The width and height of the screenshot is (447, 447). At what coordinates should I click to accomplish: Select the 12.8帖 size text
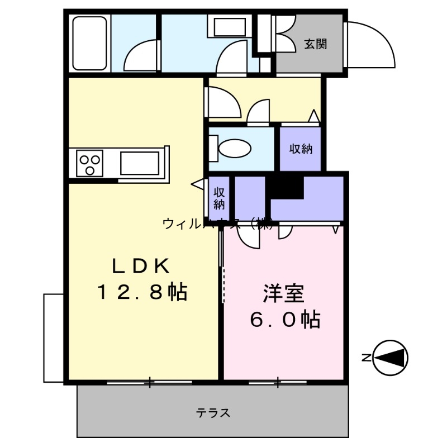click(142, 292)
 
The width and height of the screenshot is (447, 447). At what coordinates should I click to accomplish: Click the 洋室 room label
click(283, 294)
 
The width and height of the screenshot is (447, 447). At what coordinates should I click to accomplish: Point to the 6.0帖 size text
click(284, 320)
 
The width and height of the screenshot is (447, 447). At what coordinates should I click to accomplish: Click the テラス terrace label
click(213, 413)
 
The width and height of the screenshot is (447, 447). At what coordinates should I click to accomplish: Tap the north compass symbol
click(391, 357)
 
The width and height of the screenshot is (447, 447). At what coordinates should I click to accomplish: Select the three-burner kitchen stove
click(89, 164)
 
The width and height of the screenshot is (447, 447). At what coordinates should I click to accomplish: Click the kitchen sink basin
click(140, 163)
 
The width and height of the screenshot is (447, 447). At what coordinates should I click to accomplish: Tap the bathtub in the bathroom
click(90, 42)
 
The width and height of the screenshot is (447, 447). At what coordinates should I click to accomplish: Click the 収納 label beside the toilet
click(301, 149)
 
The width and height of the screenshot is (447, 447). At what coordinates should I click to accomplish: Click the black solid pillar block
click(286, 187)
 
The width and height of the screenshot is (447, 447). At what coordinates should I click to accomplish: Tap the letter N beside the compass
click(365, 358)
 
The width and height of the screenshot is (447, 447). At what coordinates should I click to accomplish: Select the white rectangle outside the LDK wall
click(54, 337)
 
